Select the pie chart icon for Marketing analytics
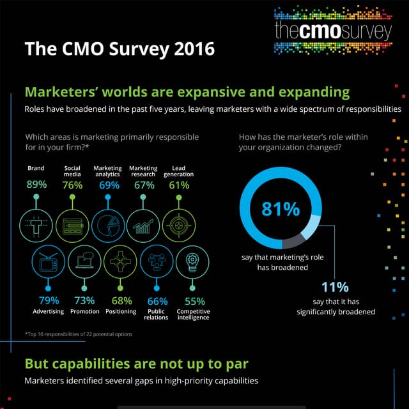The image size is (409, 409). (x=107, y=224)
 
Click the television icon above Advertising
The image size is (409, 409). (x=48, y=262)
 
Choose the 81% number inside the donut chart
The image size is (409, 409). (x=281, y=209)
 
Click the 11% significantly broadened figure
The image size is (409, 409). (x=335, y=287)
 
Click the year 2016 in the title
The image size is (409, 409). (x=190, y=49)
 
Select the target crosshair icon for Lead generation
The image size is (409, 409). (x=178, y=224)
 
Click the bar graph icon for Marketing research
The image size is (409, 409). (x=143, y=224)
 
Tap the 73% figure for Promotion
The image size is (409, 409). (x=84, y=301)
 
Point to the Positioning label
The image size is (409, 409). (x=121, y=312)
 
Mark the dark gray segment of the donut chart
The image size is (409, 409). (x=293, y=241)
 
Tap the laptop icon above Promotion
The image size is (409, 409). (x=84, y=262)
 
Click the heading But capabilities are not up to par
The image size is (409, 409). (x=136, y=364)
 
